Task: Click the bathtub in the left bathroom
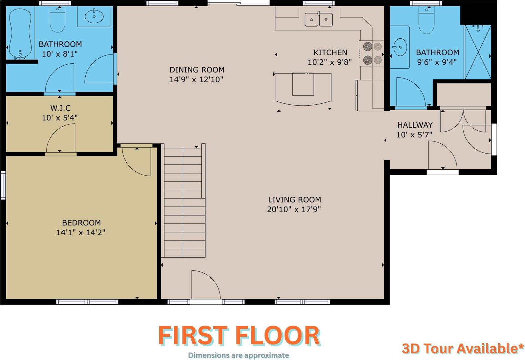pos(20,34)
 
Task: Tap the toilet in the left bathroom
pos(58,19)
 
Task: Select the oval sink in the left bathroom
pos(94,16)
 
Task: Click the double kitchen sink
pos(319,19)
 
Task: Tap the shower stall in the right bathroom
pos(478,52)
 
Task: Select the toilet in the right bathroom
pos(427,20)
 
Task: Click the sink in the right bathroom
pos(400,47)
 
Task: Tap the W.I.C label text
pos(60,108)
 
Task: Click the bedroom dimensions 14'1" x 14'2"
pos(81,232)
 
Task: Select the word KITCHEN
pos(330,52)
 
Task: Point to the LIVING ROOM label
pos(294,200)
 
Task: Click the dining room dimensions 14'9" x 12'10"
pos(197,79)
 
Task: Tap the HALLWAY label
pos(415,125)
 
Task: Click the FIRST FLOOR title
pos(239,336)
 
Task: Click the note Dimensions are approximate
pos(238,355)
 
